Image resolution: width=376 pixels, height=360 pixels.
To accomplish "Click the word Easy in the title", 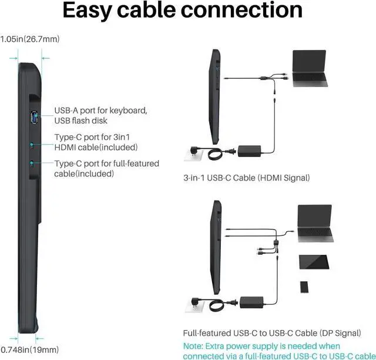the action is coord(88,11).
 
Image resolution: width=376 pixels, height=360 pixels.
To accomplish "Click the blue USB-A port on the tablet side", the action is coord(34,117).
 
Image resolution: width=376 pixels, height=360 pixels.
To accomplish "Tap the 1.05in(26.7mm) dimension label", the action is coord(30,39).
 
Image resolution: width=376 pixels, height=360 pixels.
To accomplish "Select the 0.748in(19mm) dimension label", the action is coord(30,349).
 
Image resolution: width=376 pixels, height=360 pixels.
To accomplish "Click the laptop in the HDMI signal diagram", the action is coord(310,68).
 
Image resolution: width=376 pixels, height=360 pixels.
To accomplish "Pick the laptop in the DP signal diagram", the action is coord(315,224).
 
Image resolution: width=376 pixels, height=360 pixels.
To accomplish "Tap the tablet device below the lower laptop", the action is coord(314,262).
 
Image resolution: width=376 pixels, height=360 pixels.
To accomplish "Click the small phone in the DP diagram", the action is coord(304,286).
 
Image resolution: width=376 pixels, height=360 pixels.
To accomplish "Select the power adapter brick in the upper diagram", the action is coord(249,151).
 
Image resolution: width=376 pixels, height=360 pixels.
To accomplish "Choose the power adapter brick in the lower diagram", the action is coord(251,302).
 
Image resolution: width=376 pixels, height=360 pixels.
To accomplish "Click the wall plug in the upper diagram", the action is coord(193,154).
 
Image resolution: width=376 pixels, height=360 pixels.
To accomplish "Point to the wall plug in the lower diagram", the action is coord(195,305).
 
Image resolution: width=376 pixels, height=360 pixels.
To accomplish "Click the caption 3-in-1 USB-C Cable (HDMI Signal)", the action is coord(247,178).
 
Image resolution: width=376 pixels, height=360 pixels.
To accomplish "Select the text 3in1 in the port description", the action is coord(122,137).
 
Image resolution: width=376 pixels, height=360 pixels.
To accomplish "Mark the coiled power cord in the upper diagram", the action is coord(215,154).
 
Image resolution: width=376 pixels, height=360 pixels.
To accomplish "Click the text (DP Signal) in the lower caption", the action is coord(340,333).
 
